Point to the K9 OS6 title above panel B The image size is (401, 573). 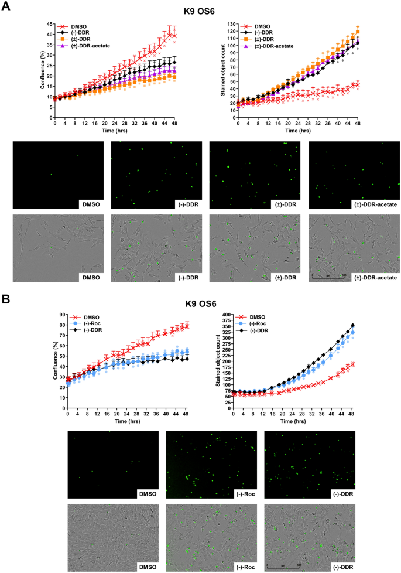tap(201, 303)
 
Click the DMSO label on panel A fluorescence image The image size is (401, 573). tap(91, 203)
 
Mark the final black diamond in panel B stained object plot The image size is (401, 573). tap(370, 325)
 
